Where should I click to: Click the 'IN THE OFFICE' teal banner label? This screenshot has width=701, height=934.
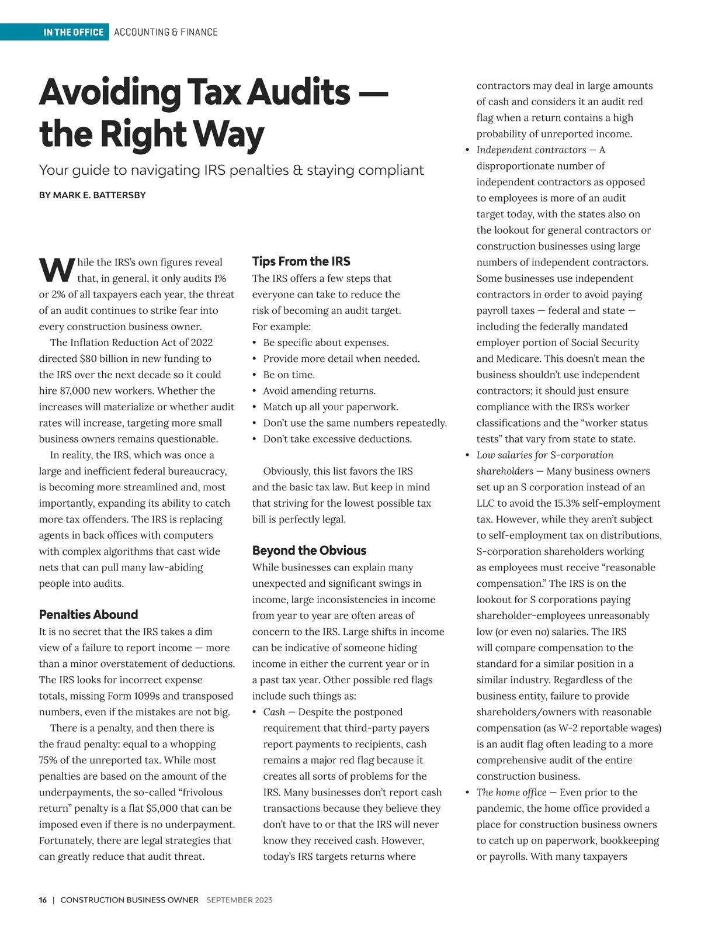coord(73,32)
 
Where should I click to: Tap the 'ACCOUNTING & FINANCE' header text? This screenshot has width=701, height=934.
coord(166,32)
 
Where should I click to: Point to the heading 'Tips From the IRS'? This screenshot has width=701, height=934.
coord(301,261)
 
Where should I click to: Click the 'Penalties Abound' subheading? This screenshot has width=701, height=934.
coord(88,614)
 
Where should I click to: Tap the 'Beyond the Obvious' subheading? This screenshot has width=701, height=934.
coord(309,550)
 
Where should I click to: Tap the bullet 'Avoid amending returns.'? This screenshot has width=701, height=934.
coord(319,390)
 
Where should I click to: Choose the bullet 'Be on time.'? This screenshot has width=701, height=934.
coord(289,375)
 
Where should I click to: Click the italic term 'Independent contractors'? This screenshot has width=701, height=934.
coord(531,150)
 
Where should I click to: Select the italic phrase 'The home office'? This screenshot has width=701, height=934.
coord(511,793)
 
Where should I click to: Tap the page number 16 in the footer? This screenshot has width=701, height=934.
coord(43,900)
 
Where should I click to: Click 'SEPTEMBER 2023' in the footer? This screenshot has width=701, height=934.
coord(239,900)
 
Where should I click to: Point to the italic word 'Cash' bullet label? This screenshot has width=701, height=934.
coord(274,712)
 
